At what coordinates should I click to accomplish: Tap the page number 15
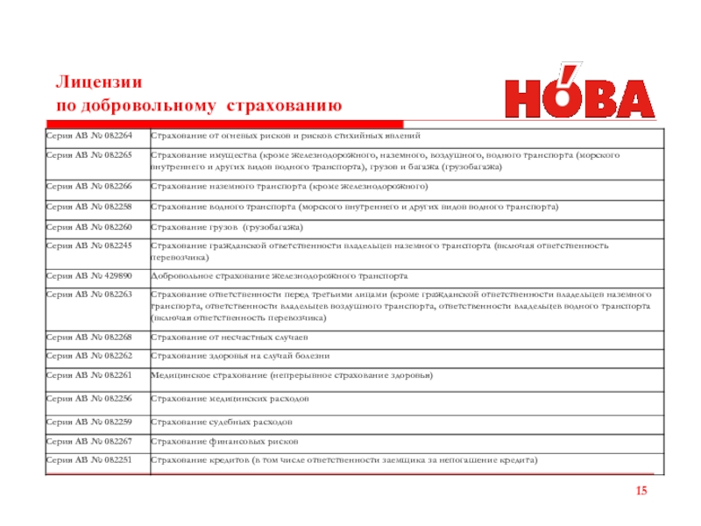pyautogui.click(x=641, y=490)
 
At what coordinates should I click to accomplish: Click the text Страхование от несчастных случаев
pyautogui.click(x=230, y=337)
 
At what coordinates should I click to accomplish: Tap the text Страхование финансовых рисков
pyautogui.click(x=224, y=441)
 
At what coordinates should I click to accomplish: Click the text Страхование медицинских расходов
pyautogui.click(x=230, y=398)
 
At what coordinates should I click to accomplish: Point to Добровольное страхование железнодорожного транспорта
pyautogui.click(x=279, y=274)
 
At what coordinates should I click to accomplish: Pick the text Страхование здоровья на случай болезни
pyautogui.click(x=239, y=356)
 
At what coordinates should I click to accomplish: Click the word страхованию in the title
pyautogui.click(x=284, y=106)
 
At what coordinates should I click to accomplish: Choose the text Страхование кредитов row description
pyautogui.click(x=343, y=459)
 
